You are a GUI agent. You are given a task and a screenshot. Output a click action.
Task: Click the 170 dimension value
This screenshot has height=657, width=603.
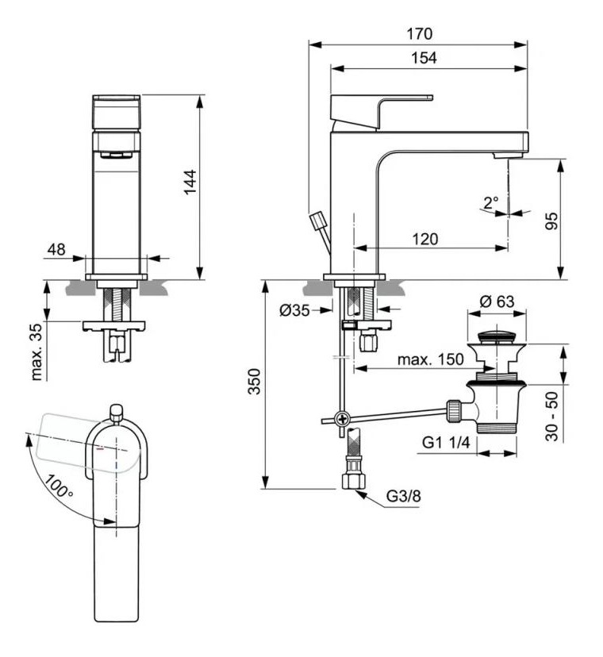[x=419, y=34]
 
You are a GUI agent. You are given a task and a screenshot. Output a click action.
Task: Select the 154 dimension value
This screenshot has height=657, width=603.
[x=424, y=58]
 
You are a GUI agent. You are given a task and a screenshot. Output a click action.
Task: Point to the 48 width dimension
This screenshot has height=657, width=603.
[x=56, y=249]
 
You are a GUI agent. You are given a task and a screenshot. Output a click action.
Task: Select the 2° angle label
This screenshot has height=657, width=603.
[x=490, y=202]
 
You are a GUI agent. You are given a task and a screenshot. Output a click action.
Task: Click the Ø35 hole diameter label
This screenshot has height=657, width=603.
[x=295, y=310]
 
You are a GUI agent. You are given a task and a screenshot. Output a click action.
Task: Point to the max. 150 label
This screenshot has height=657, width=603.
[x=432, y=359]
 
